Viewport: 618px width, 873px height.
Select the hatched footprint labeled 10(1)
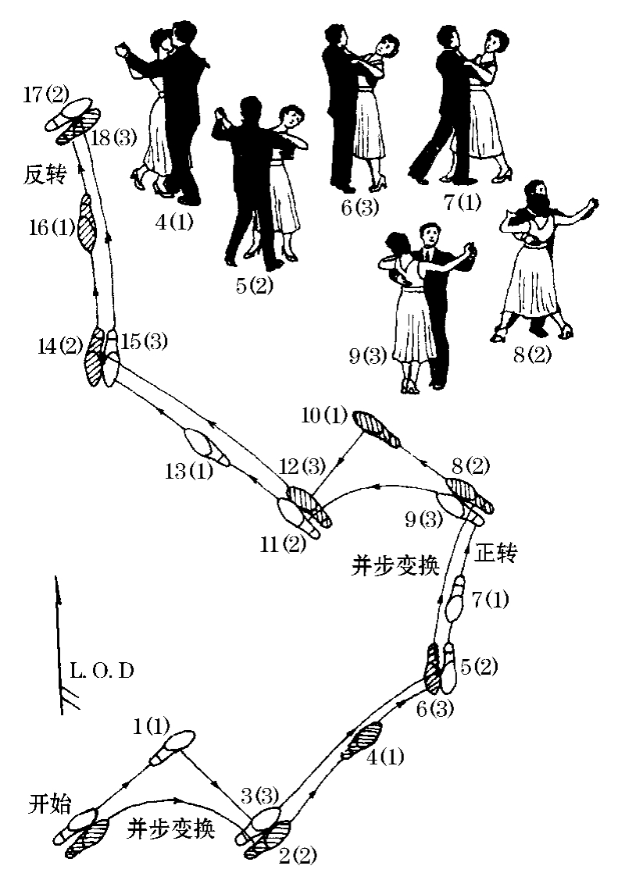pos(377,428)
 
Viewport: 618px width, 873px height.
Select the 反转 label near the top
pos(43,176)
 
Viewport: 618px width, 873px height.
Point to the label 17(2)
pos(46,97)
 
